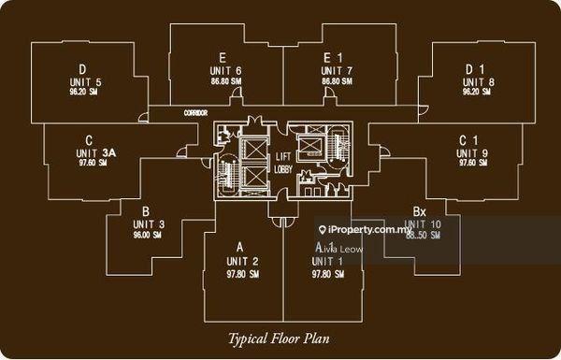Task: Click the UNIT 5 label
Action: click(x=85, y=82)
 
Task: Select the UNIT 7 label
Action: click(x=337, y=71)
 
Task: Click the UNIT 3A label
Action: click(x=94, y=152)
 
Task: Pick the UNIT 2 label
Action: click(x=241, y=260)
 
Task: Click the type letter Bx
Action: click(x=420, y=212)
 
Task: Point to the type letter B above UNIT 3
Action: click(x=146, y=212)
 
